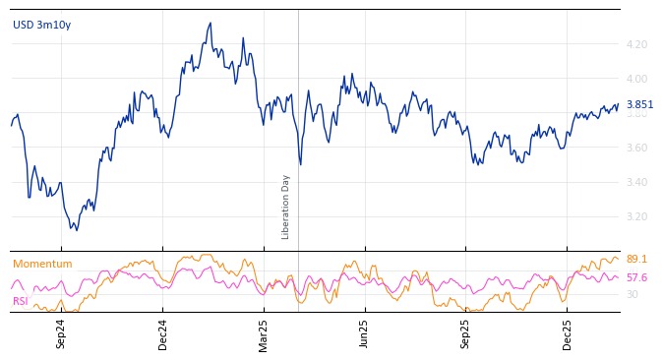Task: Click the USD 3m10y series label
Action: (x=41, y=25)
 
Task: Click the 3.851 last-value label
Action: (x=639, y=105)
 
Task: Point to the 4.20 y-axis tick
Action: (x=635, y=44)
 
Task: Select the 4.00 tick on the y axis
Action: (x=635, y=79)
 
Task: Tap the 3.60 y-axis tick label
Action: (x=635, y=148)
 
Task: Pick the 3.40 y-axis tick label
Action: (x=635, y=182)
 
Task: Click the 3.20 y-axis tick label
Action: (x=635, y=216)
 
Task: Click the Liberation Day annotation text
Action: (x=286, y=207)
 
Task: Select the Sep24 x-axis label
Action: (x=61, y=333)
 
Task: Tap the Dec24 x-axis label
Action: (x=163, y=333)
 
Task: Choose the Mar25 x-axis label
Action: (x=264, y=333)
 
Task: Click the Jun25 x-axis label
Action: (x=364, y=333)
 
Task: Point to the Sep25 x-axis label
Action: (x=466, y=333)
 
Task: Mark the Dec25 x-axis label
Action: (x=568, y=333)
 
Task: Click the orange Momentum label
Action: (x=42, y=264)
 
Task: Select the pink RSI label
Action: (x=21, y=301)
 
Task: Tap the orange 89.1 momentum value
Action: (x=636, y=260)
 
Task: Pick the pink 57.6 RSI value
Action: (x=636, y=277)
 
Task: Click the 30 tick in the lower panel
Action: (x=632, y=294)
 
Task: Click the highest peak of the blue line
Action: (x=211, y=23)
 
